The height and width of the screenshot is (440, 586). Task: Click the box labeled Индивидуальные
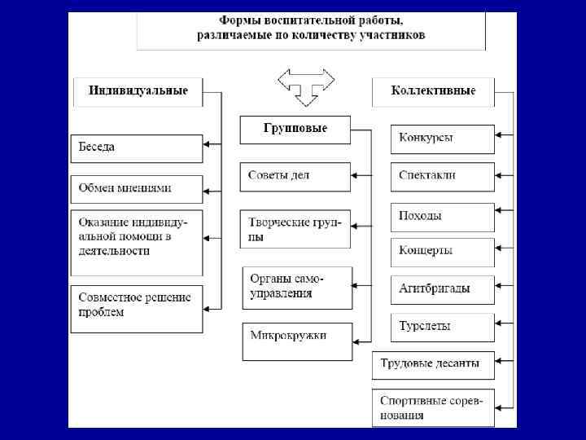tap(138, 91)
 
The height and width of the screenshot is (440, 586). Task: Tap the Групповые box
tap(295, 130)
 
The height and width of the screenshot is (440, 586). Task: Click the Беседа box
tap(137, 148)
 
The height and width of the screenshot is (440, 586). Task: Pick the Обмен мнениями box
tap(137, 189)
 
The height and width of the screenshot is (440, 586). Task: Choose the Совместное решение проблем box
tap(137, 308)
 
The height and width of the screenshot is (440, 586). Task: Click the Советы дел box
tap(295, 176)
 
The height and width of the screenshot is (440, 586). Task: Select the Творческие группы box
tap(295, 229)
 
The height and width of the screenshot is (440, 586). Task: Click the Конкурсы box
tap(443, 139)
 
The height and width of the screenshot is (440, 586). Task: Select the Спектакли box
tap(443, 176)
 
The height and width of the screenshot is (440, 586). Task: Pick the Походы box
tap(443, 217)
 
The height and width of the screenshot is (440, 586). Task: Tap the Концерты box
tap(443, 252)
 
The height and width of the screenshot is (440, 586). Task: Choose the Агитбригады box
tap(443, 289)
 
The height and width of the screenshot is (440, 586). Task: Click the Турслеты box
tap(443, 327)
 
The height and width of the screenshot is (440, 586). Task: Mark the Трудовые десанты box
tap(433, 364)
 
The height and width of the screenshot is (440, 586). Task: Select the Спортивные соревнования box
tap(433, 408)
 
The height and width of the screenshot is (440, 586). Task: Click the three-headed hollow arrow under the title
tap(306, 85)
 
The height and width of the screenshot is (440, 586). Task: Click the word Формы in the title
tap(241, 20)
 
